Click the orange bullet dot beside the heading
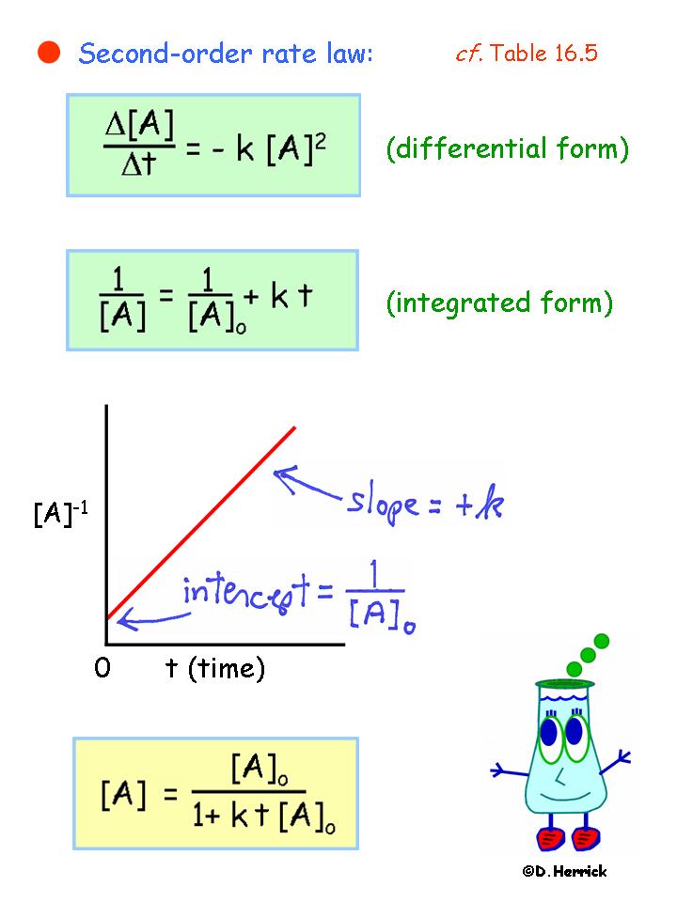[49, 53]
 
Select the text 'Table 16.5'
[544, 53]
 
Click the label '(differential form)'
[507, 148]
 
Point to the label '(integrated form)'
[499, 303]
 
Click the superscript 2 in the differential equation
[321, 142]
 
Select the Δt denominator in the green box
[139, 163]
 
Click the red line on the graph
[201, 523]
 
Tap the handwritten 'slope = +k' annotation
[425, 503]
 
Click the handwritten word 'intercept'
[245, 593]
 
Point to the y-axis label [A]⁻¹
[60, 513]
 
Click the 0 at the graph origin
[102, 668]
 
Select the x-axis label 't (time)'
[215, 668]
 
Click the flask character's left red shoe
[551, 838]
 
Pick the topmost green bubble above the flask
[601, 641]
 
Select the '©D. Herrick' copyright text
[564, 872]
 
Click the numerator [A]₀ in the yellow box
[260, 770]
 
